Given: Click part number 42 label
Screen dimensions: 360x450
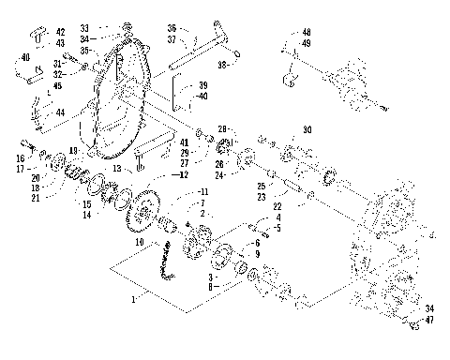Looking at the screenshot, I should click(x=61, y=32).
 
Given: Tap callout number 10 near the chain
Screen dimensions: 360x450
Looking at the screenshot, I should click(x=139, y=242).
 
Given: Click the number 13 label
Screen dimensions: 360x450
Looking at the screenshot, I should click(x=117, y=168).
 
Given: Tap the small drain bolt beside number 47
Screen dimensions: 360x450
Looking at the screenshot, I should click(x=413, y=324).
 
